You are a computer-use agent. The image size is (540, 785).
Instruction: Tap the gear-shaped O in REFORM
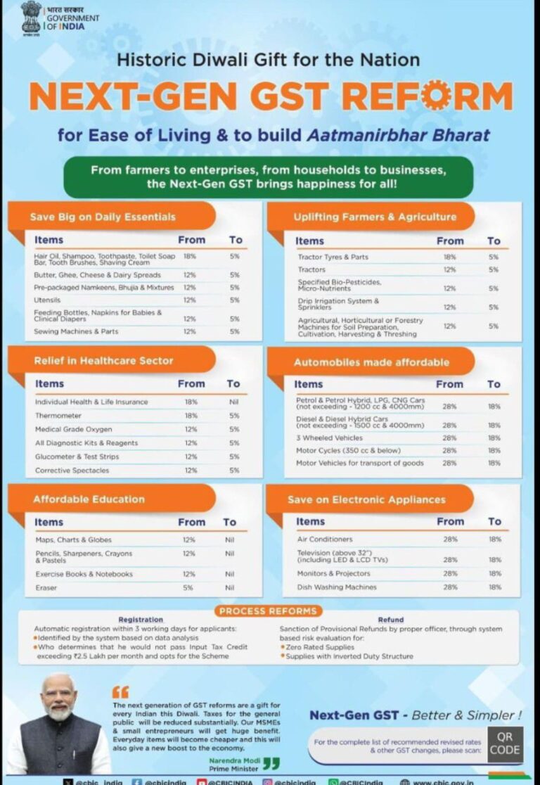coord(437,96)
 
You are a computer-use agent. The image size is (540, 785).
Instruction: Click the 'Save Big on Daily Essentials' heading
coord(103,217)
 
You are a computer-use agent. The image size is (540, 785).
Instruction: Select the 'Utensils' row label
coord(48,300)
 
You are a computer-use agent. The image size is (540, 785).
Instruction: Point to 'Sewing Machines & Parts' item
coord(77,331)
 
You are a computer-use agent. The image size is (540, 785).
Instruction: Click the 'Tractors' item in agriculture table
coord(311,269)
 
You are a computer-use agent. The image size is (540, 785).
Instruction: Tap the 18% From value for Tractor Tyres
coord(449,257)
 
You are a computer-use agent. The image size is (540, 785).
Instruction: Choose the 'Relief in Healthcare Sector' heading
coord(103,361)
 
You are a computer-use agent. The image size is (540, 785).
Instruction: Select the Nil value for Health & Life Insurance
coord(233,402)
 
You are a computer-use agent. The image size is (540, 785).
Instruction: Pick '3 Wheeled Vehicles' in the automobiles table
coord(329,438)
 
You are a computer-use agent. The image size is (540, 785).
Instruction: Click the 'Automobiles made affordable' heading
coord(371,362)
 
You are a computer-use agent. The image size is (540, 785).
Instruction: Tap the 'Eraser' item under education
coord(46,587)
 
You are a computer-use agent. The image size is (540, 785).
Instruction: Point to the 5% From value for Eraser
coord(188,587)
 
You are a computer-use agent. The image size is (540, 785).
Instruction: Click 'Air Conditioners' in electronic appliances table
coord(324,539)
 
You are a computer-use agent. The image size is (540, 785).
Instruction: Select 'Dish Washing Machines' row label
coord(336,587)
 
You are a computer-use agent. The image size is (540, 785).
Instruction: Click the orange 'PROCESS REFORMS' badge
coord(269,611)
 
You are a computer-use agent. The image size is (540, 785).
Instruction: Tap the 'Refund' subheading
coord(390,620)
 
